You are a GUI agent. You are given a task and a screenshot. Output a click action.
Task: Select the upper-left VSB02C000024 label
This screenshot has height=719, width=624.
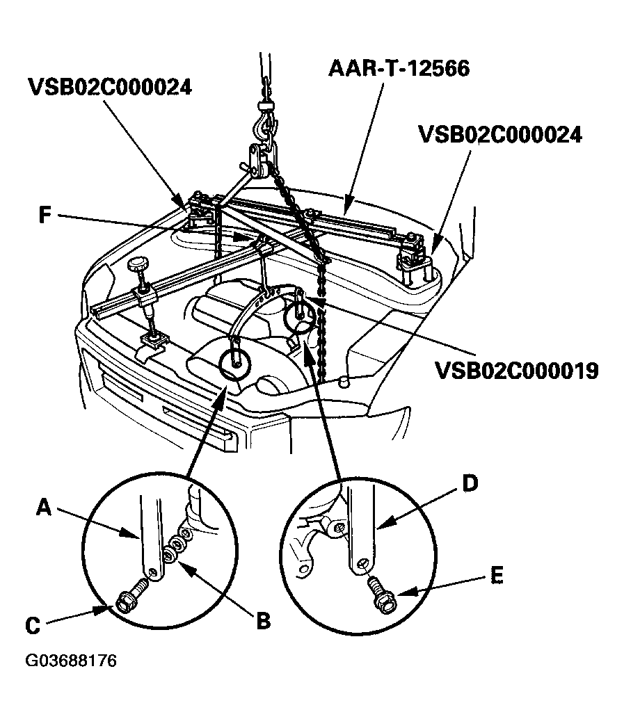pyautogui.click(x=111, y=88)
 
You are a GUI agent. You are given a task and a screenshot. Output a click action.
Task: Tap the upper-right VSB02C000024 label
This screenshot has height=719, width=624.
pyautogui.click(x=499, y=134)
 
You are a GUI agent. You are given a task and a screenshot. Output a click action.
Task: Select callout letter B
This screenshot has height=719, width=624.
pyautogui.click(x=262, y=620)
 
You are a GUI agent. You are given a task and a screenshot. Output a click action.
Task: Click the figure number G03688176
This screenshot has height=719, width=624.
pyautogui.click(x=71, y=660)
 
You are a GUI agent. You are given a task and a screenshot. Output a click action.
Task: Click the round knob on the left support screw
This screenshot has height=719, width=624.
pyautogui.click(x=137, y=265)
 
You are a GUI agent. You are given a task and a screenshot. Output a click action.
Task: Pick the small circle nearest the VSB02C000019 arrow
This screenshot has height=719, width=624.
pyautogui.click(x=300, y=317)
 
